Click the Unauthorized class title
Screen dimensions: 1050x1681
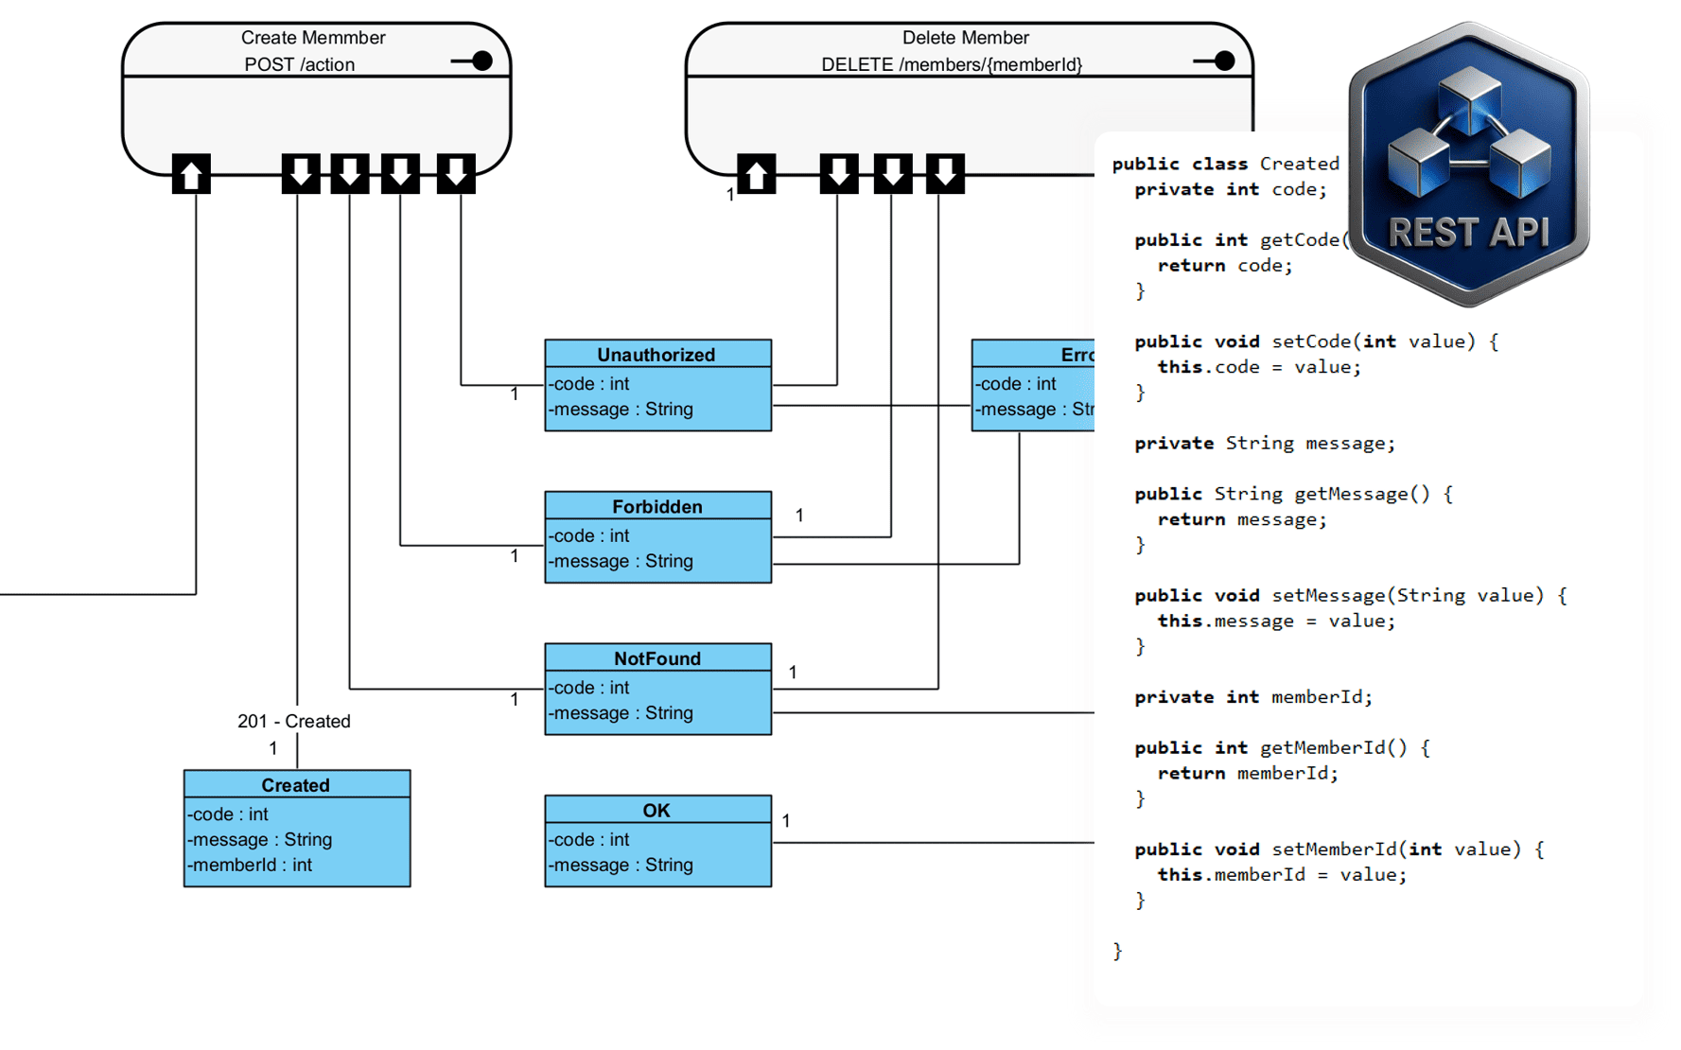click(656, 355)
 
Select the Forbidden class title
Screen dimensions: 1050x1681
click(657, 507)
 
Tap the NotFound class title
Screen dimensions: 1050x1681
click(657, 658)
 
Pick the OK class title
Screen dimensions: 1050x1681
click(656, 811)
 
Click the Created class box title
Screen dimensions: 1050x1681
click(295, 785)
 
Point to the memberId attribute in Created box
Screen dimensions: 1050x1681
click(250, 865)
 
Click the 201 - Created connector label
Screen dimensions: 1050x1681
click(293, 721)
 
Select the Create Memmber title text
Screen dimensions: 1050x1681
click(313, 38)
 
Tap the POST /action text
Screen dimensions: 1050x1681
click(299, 64)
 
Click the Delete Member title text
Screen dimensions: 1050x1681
click(965, 38)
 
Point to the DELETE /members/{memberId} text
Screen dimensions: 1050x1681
click(951, 64)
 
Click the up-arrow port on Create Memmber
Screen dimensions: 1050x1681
click(191, 174)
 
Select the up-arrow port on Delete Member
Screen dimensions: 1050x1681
click(756, 174)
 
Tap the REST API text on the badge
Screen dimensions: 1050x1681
click(1468, 232)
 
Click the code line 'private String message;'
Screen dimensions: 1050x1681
click(1264, 443)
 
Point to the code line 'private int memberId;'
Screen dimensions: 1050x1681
click(1252, 697)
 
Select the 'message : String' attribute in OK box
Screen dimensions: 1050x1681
click(621, 865)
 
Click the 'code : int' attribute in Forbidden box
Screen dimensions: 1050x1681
click(589, 535)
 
